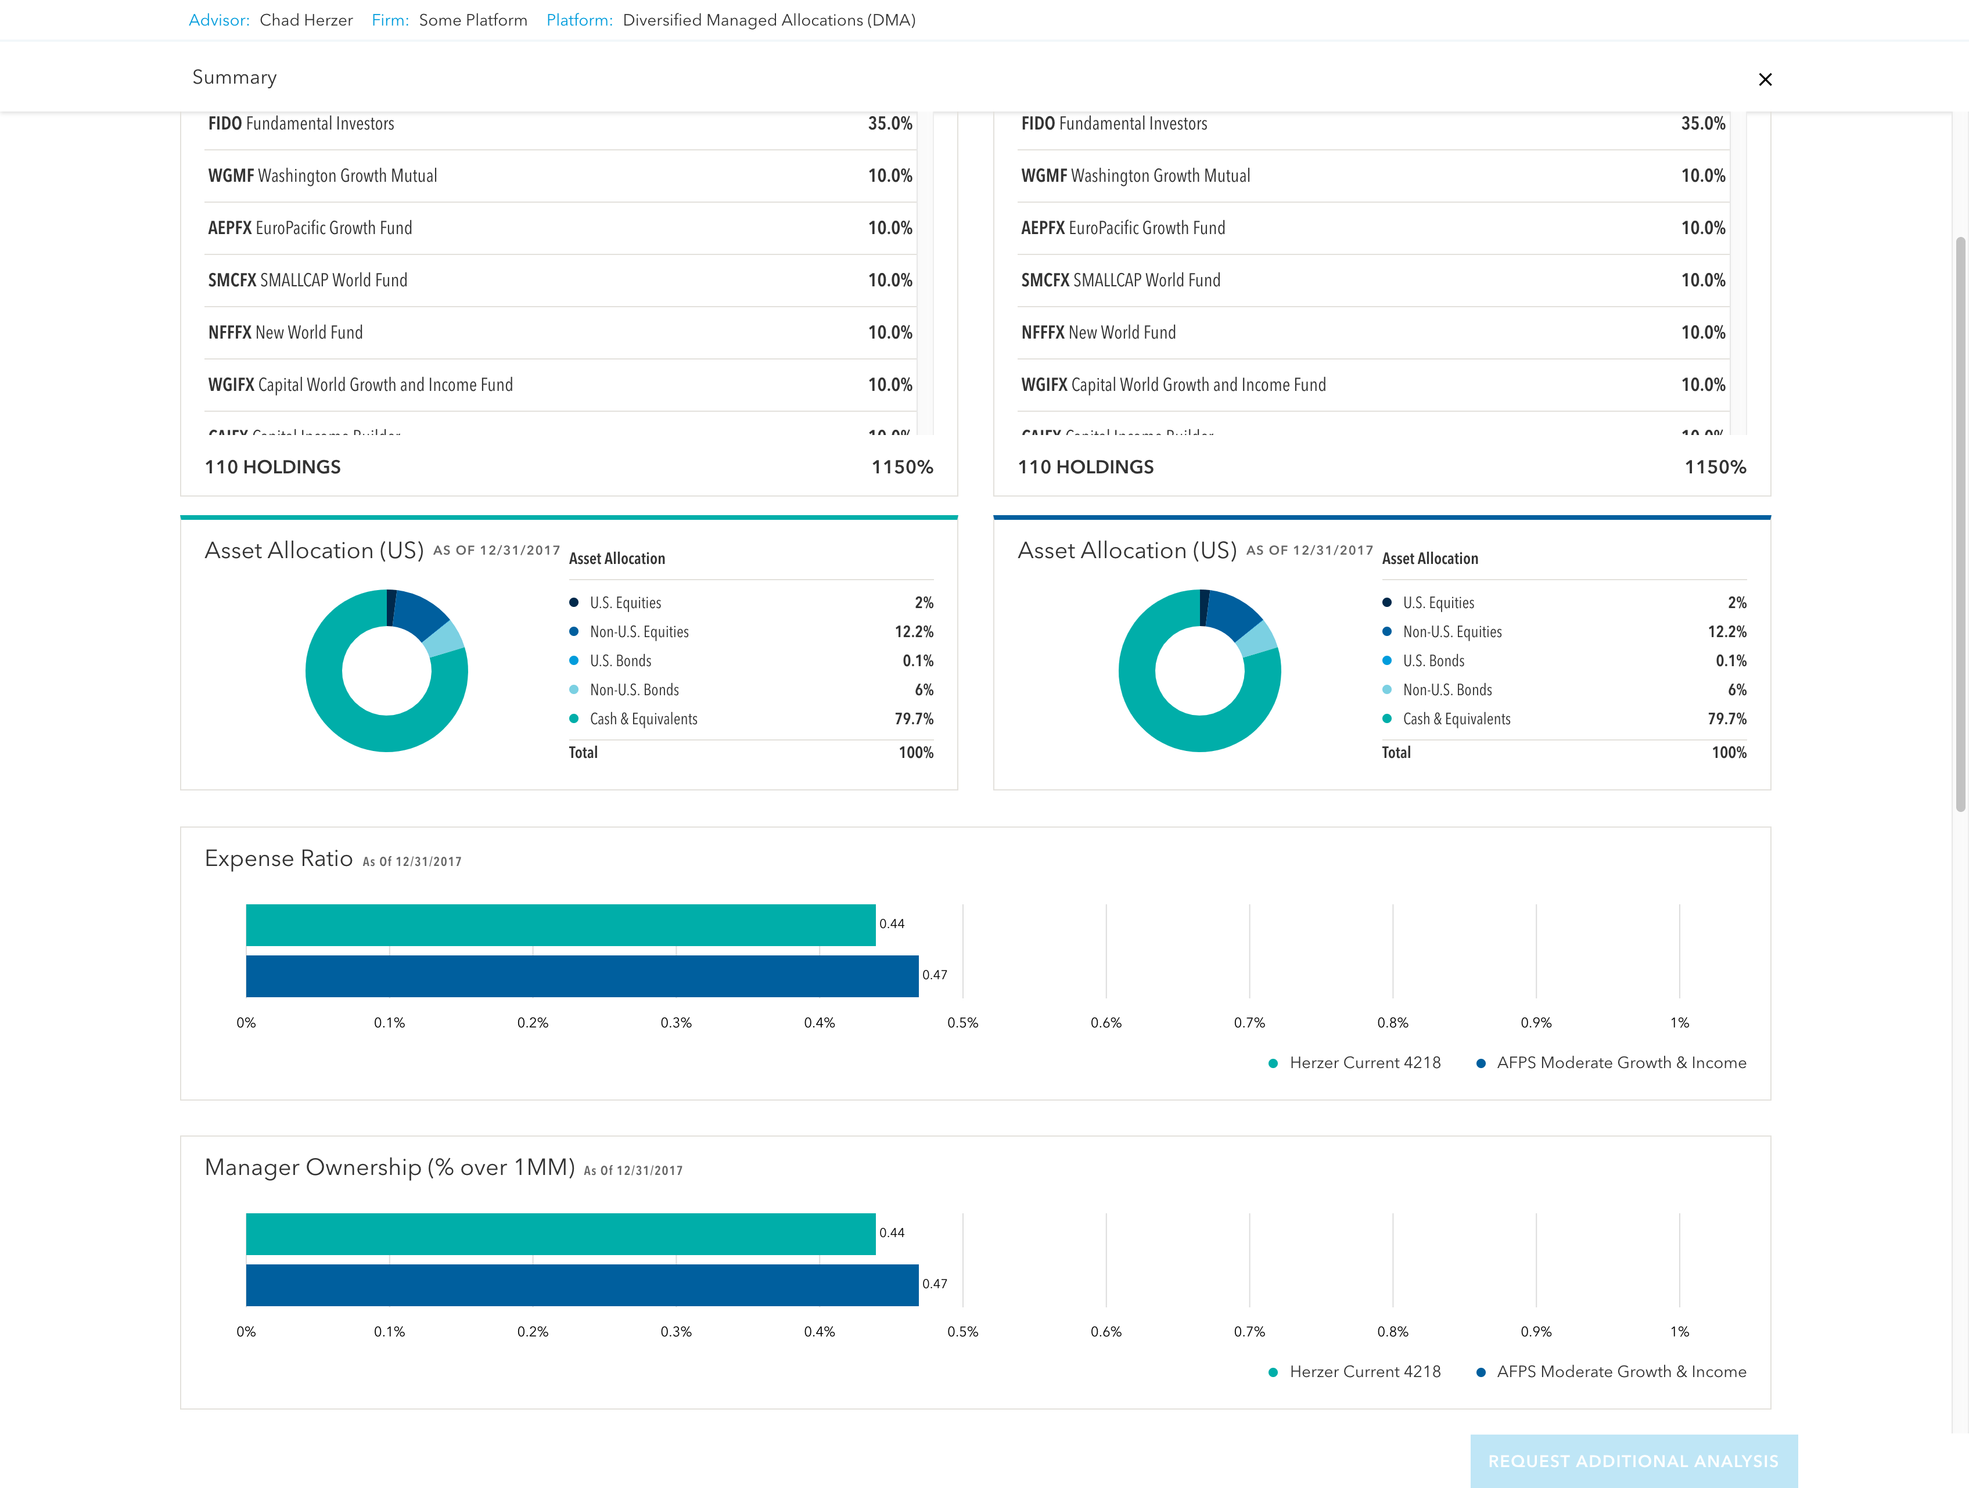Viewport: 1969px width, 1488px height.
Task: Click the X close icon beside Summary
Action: [1765, 79]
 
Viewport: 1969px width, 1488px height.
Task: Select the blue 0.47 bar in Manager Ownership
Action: [581, 1285]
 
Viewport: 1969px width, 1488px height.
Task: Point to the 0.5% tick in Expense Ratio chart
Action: [962, 1023]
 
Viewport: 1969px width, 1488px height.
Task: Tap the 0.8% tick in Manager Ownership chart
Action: [1392, 1331]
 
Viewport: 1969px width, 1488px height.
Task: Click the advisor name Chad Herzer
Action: [306, 20]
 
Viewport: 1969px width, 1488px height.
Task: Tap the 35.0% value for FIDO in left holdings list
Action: [889, 124]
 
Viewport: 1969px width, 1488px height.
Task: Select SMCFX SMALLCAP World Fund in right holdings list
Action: [1120, 281]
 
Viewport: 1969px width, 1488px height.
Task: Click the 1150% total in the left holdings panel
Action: [901, 467]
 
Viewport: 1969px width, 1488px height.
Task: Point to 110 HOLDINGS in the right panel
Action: [1085, 467]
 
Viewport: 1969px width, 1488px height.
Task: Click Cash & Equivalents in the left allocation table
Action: [643, 719]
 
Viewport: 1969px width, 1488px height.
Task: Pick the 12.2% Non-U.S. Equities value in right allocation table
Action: [1726, 632]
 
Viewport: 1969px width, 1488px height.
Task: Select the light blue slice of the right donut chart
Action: [1257, 639]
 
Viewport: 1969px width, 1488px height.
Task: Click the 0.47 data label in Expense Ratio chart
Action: [934, 975]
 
